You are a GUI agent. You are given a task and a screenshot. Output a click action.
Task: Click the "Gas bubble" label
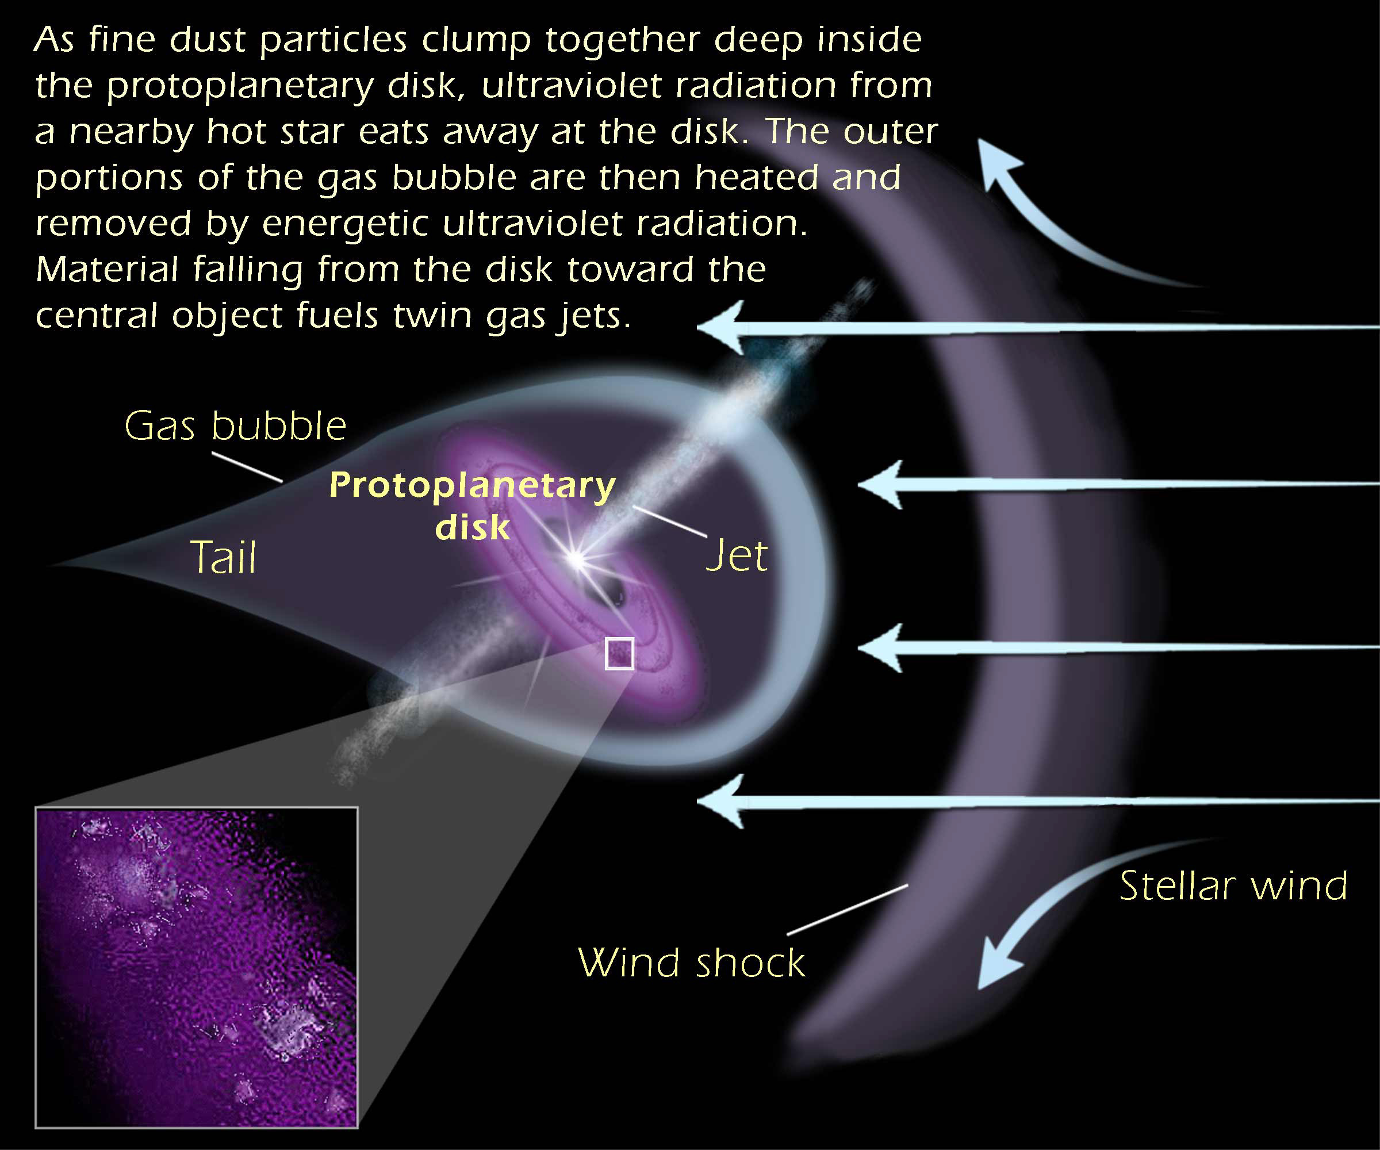(x=235, y=427)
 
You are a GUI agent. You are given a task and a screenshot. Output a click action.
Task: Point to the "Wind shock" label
(x=691, y=963)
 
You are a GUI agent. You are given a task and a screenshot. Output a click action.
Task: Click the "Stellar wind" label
(x=1233, y=886)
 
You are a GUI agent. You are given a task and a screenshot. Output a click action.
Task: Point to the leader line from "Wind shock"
(x=848, y=910)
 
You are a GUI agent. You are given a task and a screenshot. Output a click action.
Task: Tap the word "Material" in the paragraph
(x=107, y=270)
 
